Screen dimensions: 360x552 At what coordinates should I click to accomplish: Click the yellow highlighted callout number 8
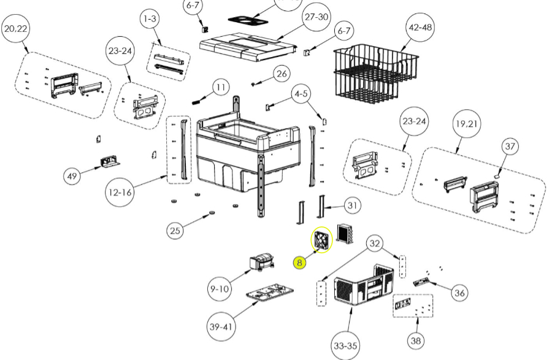(299, 262)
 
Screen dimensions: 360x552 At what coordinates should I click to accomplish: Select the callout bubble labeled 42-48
(420, 28)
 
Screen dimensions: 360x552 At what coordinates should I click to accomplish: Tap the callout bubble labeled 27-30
(316, 17)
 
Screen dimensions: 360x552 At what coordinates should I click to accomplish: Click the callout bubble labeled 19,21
(466, 124)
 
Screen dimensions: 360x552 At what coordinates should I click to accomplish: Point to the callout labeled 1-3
(150, 19)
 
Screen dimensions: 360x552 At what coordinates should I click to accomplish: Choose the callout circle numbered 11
(221, 88)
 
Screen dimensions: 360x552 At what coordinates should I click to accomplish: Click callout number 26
(281, 74)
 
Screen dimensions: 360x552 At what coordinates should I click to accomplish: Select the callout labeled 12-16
(121, 192)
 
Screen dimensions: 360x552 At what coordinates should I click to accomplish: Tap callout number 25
(175, 231)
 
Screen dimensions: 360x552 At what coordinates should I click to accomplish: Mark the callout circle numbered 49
(72, 177)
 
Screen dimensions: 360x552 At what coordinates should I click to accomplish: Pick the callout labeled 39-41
(221, 327)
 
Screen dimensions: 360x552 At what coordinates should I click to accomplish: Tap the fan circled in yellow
(321, 240)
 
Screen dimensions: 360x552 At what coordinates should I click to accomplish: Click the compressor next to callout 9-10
(261, 263)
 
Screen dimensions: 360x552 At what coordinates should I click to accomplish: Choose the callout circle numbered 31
(351, 205)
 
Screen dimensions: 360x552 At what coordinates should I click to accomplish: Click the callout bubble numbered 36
(459, 293)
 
